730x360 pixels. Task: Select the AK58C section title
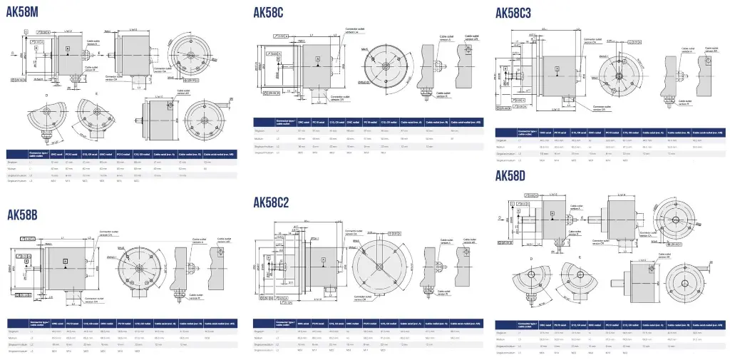(x=269, y=12)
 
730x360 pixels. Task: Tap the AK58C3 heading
(x=513, y=12)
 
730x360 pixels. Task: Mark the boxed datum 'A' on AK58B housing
(x=65, y=262)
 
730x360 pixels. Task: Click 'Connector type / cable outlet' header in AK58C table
(x=286, y=122)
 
